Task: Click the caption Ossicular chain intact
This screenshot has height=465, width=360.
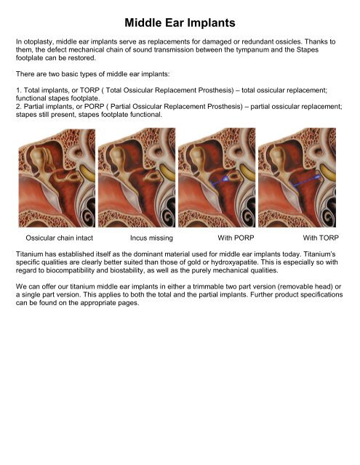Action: point(60,238)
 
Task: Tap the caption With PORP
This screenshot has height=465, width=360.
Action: point(239,238)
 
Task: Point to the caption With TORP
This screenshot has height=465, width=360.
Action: point(321,238)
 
